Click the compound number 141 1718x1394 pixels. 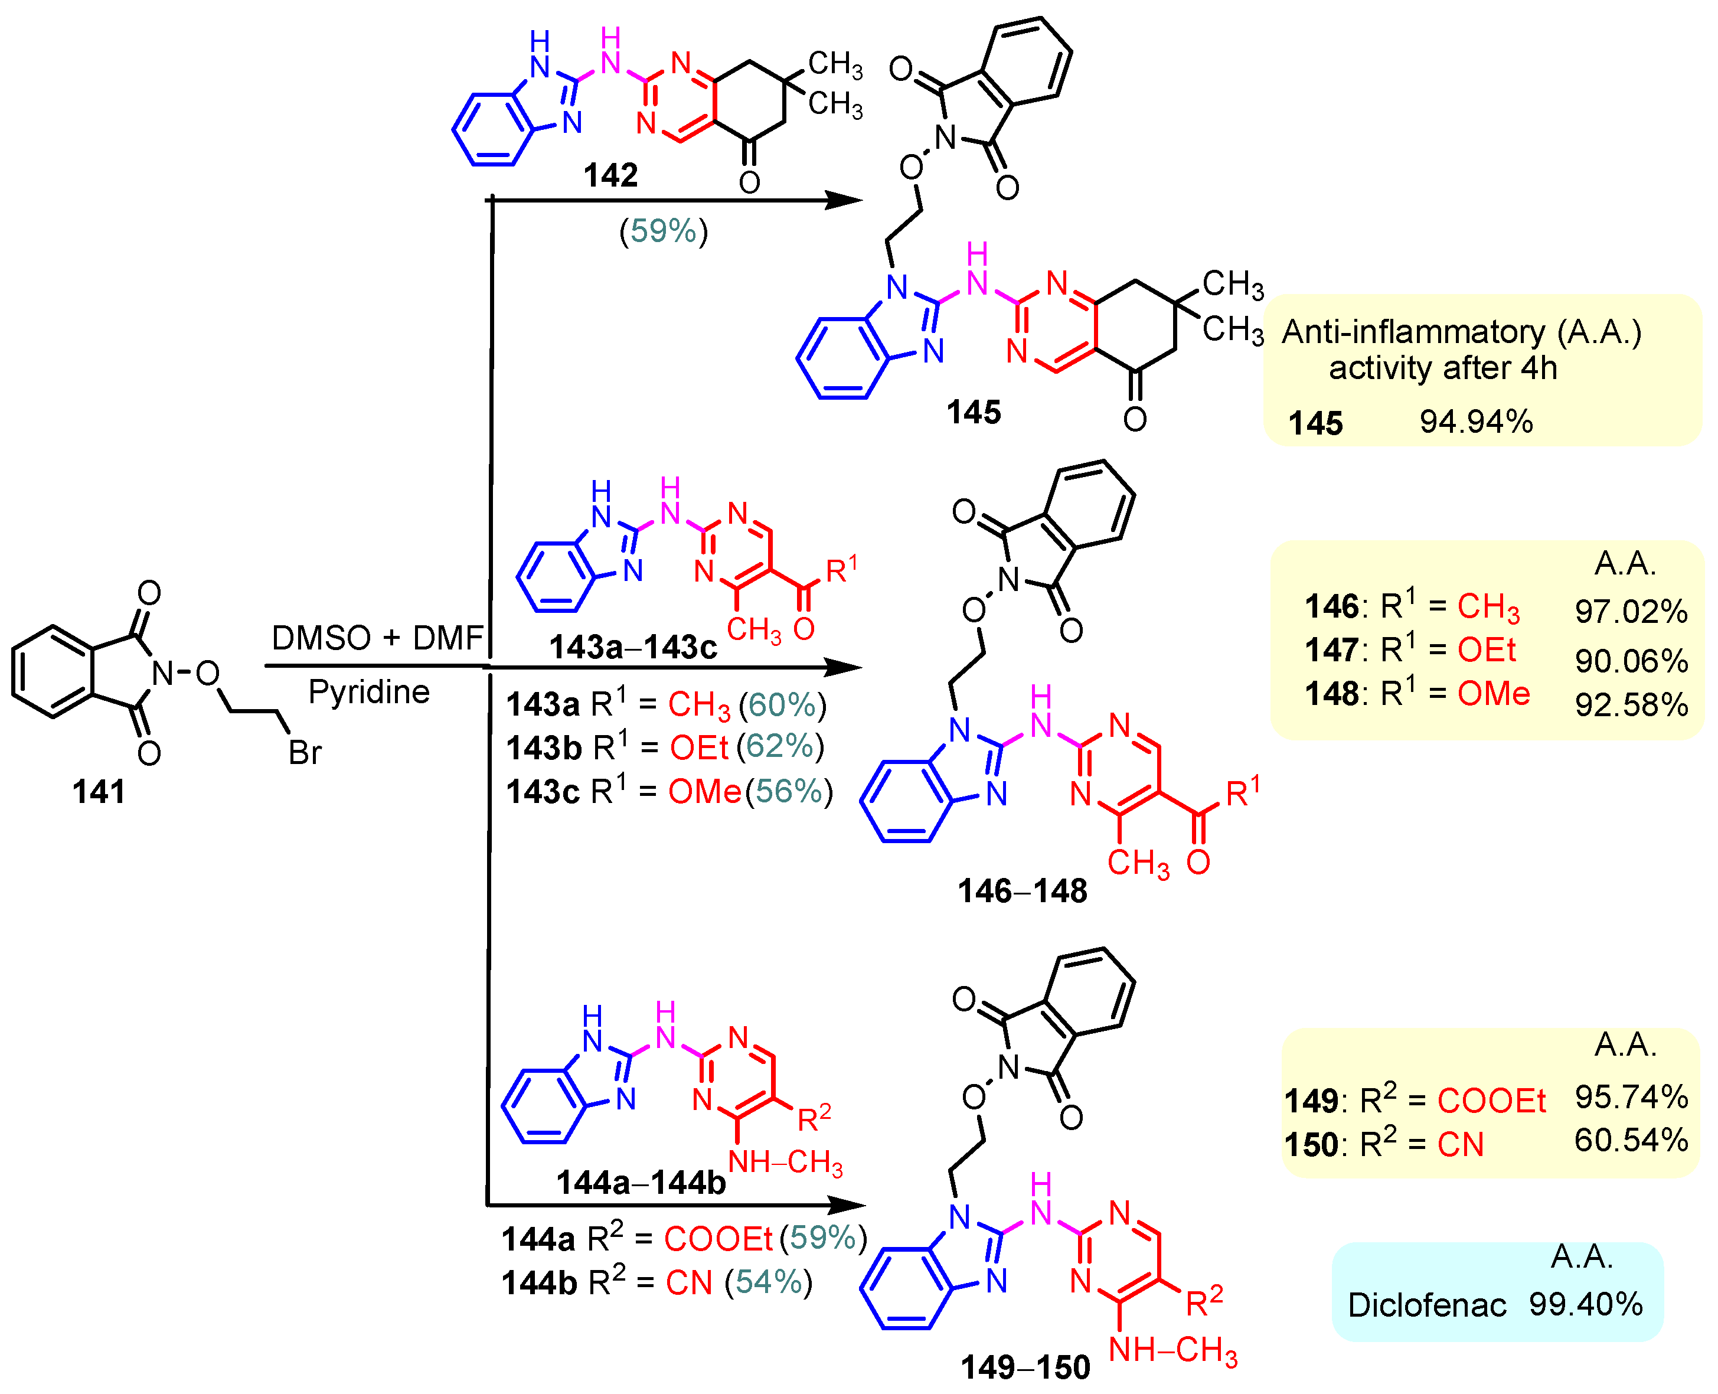[x=99, y=792]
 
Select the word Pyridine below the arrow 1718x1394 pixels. [x=370, y=692]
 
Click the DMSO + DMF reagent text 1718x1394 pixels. [x=377, y=638]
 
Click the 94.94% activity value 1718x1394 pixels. [x=1475, y=422]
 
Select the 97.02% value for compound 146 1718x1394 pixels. [x=1631, y=612]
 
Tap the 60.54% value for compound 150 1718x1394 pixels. [x=1631, y=1140]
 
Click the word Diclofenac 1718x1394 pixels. [x=1426, y=1305]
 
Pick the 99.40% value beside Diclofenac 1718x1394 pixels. [x=1586, y=1305]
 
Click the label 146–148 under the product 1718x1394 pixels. [x=1022, y=892]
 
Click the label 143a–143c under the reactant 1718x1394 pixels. [x=633, y=647]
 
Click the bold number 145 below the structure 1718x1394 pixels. [x=973, y=413]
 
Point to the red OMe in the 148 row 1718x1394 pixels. [x=1493, y=694]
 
